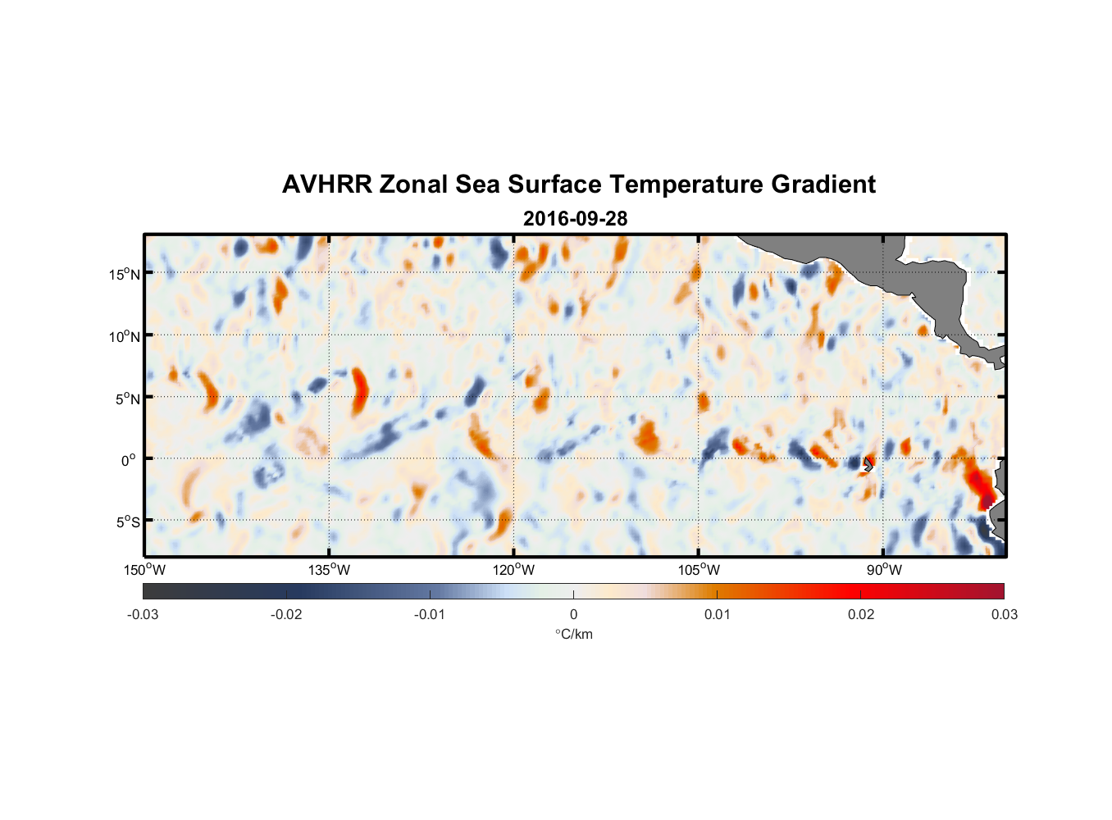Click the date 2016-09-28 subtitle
tap(575, 219)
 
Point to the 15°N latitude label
tap(125, 274)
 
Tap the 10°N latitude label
tap(125, 336)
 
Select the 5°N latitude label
tap(127, 399)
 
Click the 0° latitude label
tap(129, 460)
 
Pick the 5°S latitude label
tap(127, 522)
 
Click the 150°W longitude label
tap(145, 570)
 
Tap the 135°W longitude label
tap(330, 570)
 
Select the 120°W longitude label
tap(514, 570)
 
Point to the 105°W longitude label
tap(699, 570)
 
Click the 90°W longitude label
tap(884, 570)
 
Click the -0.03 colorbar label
tap(143, 615)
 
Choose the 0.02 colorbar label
tap(861, 615)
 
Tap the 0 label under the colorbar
tap(573, 615)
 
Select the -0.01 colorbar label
tap(430, 615)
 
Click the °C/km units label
tap(574, 634)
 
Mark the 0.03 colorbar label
tap(1004, 615)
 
